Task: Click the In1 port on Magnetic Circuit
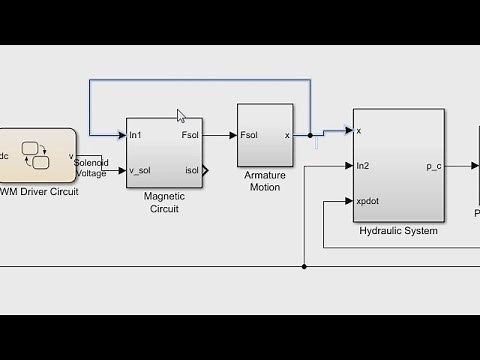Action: pos(135,135)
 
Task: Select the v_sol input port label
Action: pos(140,170)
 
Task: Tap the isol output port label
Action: pos(192,170)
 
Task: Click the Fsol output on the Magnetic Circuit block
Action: pos(191,135)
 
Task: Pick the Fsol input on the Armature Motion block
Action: pos(249,135)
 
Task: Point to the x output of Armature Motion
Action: pos(287,135)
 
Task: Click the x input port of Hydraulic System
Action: pos(359,130)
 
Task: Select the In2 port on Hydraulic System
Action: pos(362,166)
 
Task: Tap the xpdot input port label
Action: pos(367,201)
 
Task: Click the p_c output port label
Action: pos(433,166)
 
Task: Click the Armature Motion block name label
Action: pos(264,181)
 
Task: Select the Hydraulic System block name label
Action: pos(397,231)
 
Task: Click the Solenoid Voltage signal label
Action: pos(90,167)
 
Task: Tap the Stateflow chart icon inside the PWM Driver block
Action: pos(37,156)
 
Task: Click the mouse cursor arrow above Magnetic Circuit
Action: pos(181,116)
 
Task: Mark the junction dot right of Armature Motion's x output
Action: pos(310,135)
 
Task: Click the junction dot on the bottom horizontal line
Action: pos(304,267)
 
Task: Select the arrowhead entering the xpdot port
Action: pos(348,201)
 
